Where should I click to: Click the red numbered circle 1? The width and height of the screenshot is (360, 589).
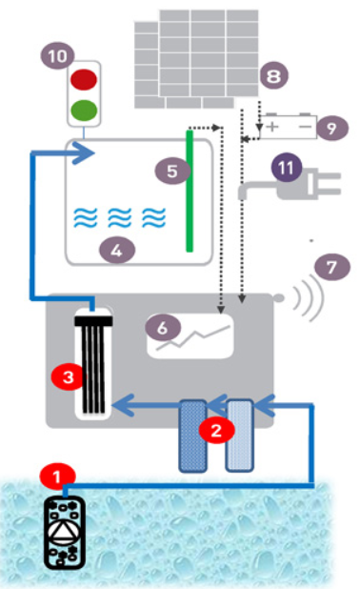pos(57,477)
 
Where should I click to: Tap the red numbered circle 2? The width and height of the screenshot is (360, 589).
pos(216,430)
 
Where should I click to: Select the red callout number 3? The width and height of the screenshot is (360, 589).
pos(69,377)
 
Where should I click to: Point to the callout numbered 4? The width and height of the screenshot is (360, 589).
pos(117,250)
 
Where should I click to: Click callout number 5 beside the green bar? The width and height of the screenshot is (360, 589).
pos(172,172)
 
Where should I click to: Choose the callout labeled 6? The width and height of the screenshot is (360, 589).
pos(163,328)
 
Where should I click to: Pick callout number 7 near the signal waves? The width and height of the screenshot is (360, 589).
pos(331,268)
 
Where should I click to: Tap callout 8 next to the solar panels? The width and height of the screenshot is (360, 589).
pos(273,76)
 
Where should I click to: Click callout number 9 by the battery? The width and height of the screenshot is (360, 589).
pos(331,128)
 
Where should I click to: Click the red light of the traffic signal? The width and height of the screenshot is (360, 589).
pos(84,79)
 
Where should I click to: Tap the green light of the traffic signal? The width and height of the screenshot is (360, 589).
pos(84,110)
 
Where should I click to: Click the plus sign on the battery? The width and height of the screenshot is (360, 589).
pos(272,127)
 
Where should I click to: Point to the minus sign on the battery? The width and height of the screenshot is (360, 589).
pos(305,127)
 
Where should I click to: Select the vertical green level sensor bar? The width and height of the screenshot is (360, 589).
pos(190,191)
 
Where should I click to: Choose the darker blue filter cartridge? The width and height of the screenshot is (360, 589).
pos(193,436)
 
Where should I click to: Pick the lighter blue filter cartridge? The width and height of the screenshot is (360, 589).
pos(239,435)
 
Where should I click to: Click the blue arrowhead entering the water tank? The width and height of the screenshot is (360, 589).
pos(83,152)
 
